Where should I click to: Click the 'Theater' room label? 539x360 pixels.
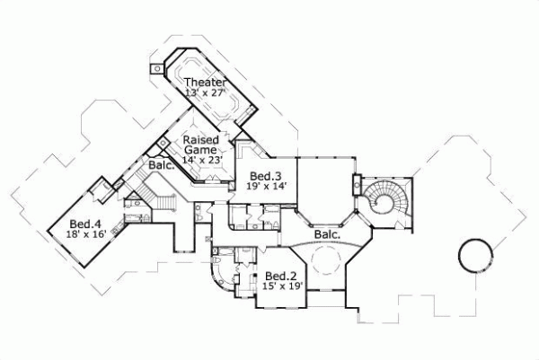pos(205,83)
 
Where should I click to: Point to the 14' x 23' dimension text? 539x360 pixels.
pos(201,160)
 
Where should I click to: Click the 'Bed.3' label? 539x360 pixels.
pos(265,175)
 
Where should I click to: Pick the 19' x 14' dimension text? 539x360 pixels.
pos(265,186)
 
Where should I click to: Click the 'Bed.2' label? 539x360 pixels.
pos(279,276)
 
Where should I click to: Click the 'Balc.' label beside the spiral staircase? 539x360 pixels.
pos(327,235)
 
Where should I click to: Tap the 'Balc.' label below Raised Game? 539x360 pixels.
pos(161,166)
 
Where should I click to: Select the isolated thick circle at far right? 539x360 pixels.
pos(475,255)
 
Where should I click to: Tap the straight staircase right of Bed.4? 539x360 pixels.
pos(167,202)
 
